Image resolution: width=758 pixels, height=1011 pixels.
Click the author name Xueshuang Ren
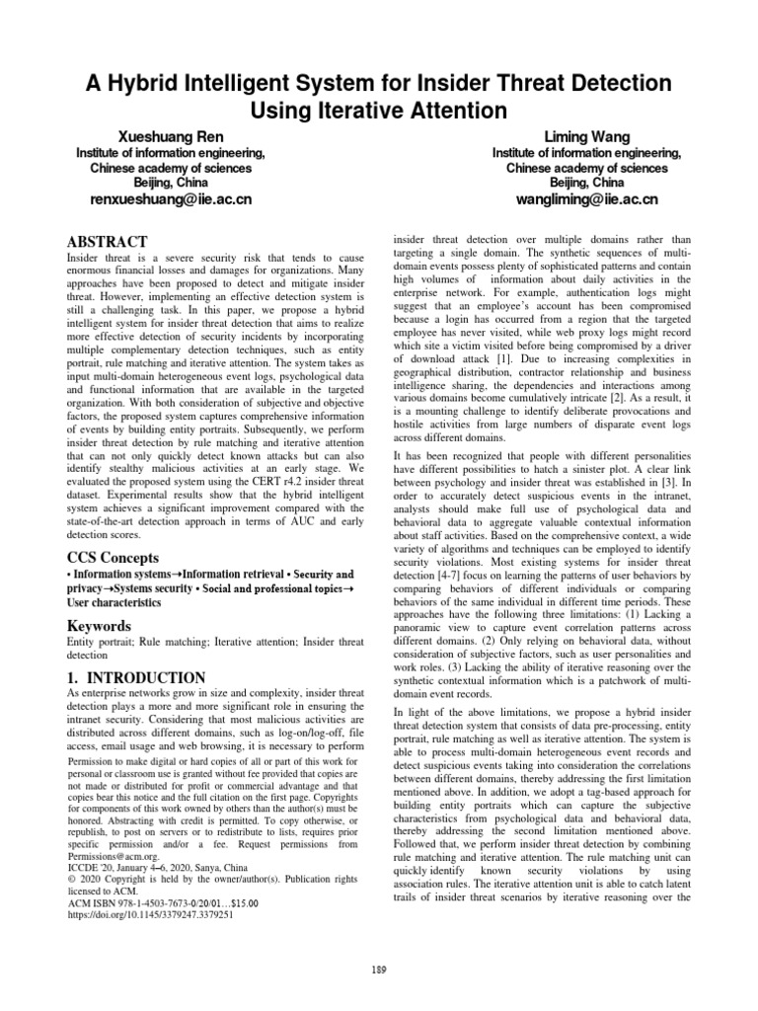(x=170, y=135)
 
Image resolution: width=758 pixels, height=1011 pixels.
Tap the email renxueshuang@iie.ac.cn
(x=171, y=199)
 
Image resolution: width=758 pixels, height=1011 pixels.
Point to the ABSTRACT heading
(x=107, y=242)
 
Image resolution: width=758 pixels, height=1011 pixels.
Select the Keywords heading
(x=99, y=626)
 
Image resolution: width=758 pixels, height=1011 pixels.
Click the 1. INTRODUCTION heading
(x=136, y=677)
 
